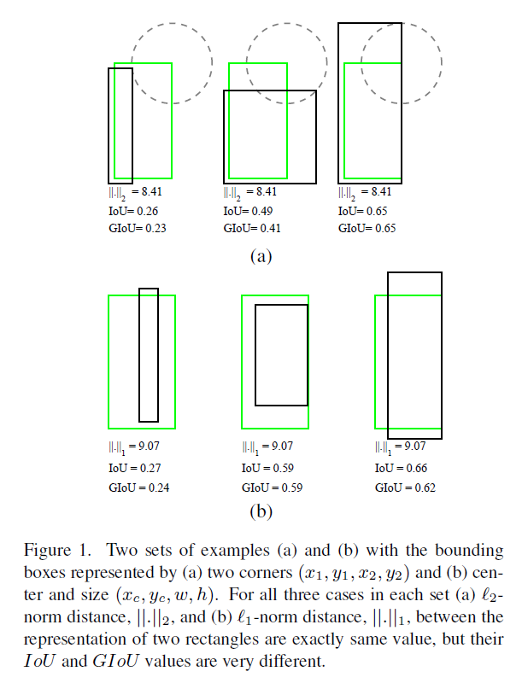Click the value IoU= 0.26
pos(126,211)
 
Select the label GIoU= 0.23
pos(130,228)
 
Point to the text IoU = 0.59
pos(267,468)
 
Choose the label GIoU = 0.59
pos(270,488)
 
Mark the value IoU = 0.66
pos(401,468)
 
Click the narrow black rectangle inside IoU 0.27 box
pos(149,354)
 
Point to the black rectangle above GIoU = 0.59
pos(282,354)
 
